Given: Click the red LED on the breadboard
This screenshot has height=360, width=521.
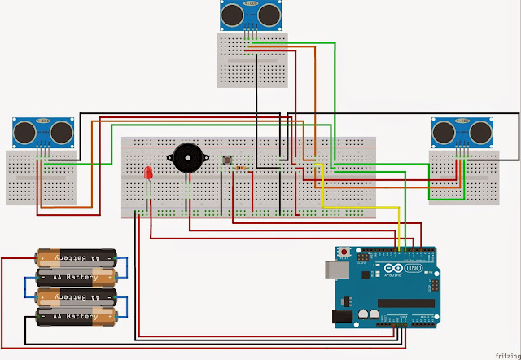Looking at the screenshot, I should (x=148, y=174).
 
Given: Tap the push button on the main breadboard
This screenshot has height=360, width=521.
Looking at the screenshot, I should (x=229, y=159).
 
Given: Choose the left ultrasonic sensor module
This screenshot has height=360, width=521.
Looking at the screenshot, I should (x=38, y=131).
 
